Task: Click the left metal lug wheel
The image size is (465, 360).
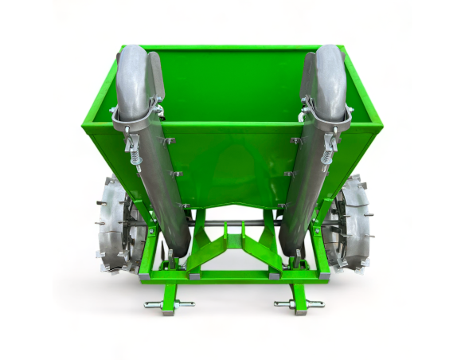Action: pyautogui.click(x=115, y=225)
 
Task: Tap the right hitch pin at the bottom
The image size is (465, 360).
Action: pyautogui.click(x=299, y=303)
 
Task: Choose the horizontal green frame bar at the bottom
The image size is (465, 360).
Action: pyautogui.click(x=231, y=276)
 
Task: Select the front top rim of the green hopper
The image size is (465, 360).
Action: pyautogui.click(x=231, y=127)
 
